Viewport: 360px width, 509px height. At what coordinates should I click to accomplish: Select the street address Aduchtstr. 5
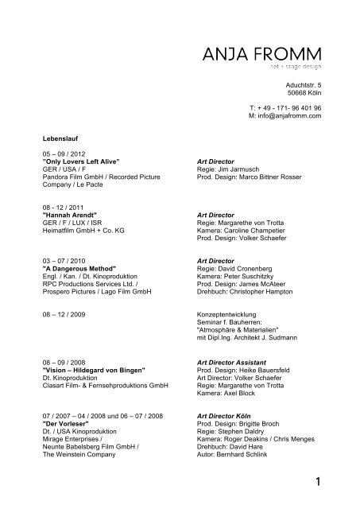point(304,84)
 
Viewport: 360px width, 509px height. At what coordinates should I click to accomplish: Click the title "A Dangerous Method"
point(79,268)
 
